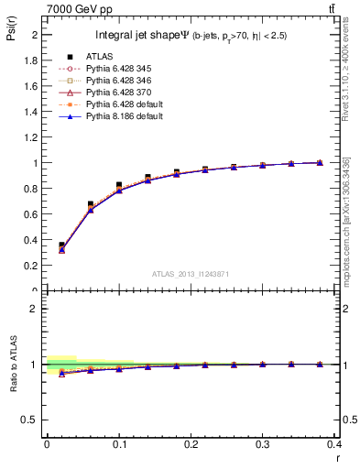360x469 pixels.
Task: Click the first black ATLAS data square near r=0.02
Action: [x=62, y=245]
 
